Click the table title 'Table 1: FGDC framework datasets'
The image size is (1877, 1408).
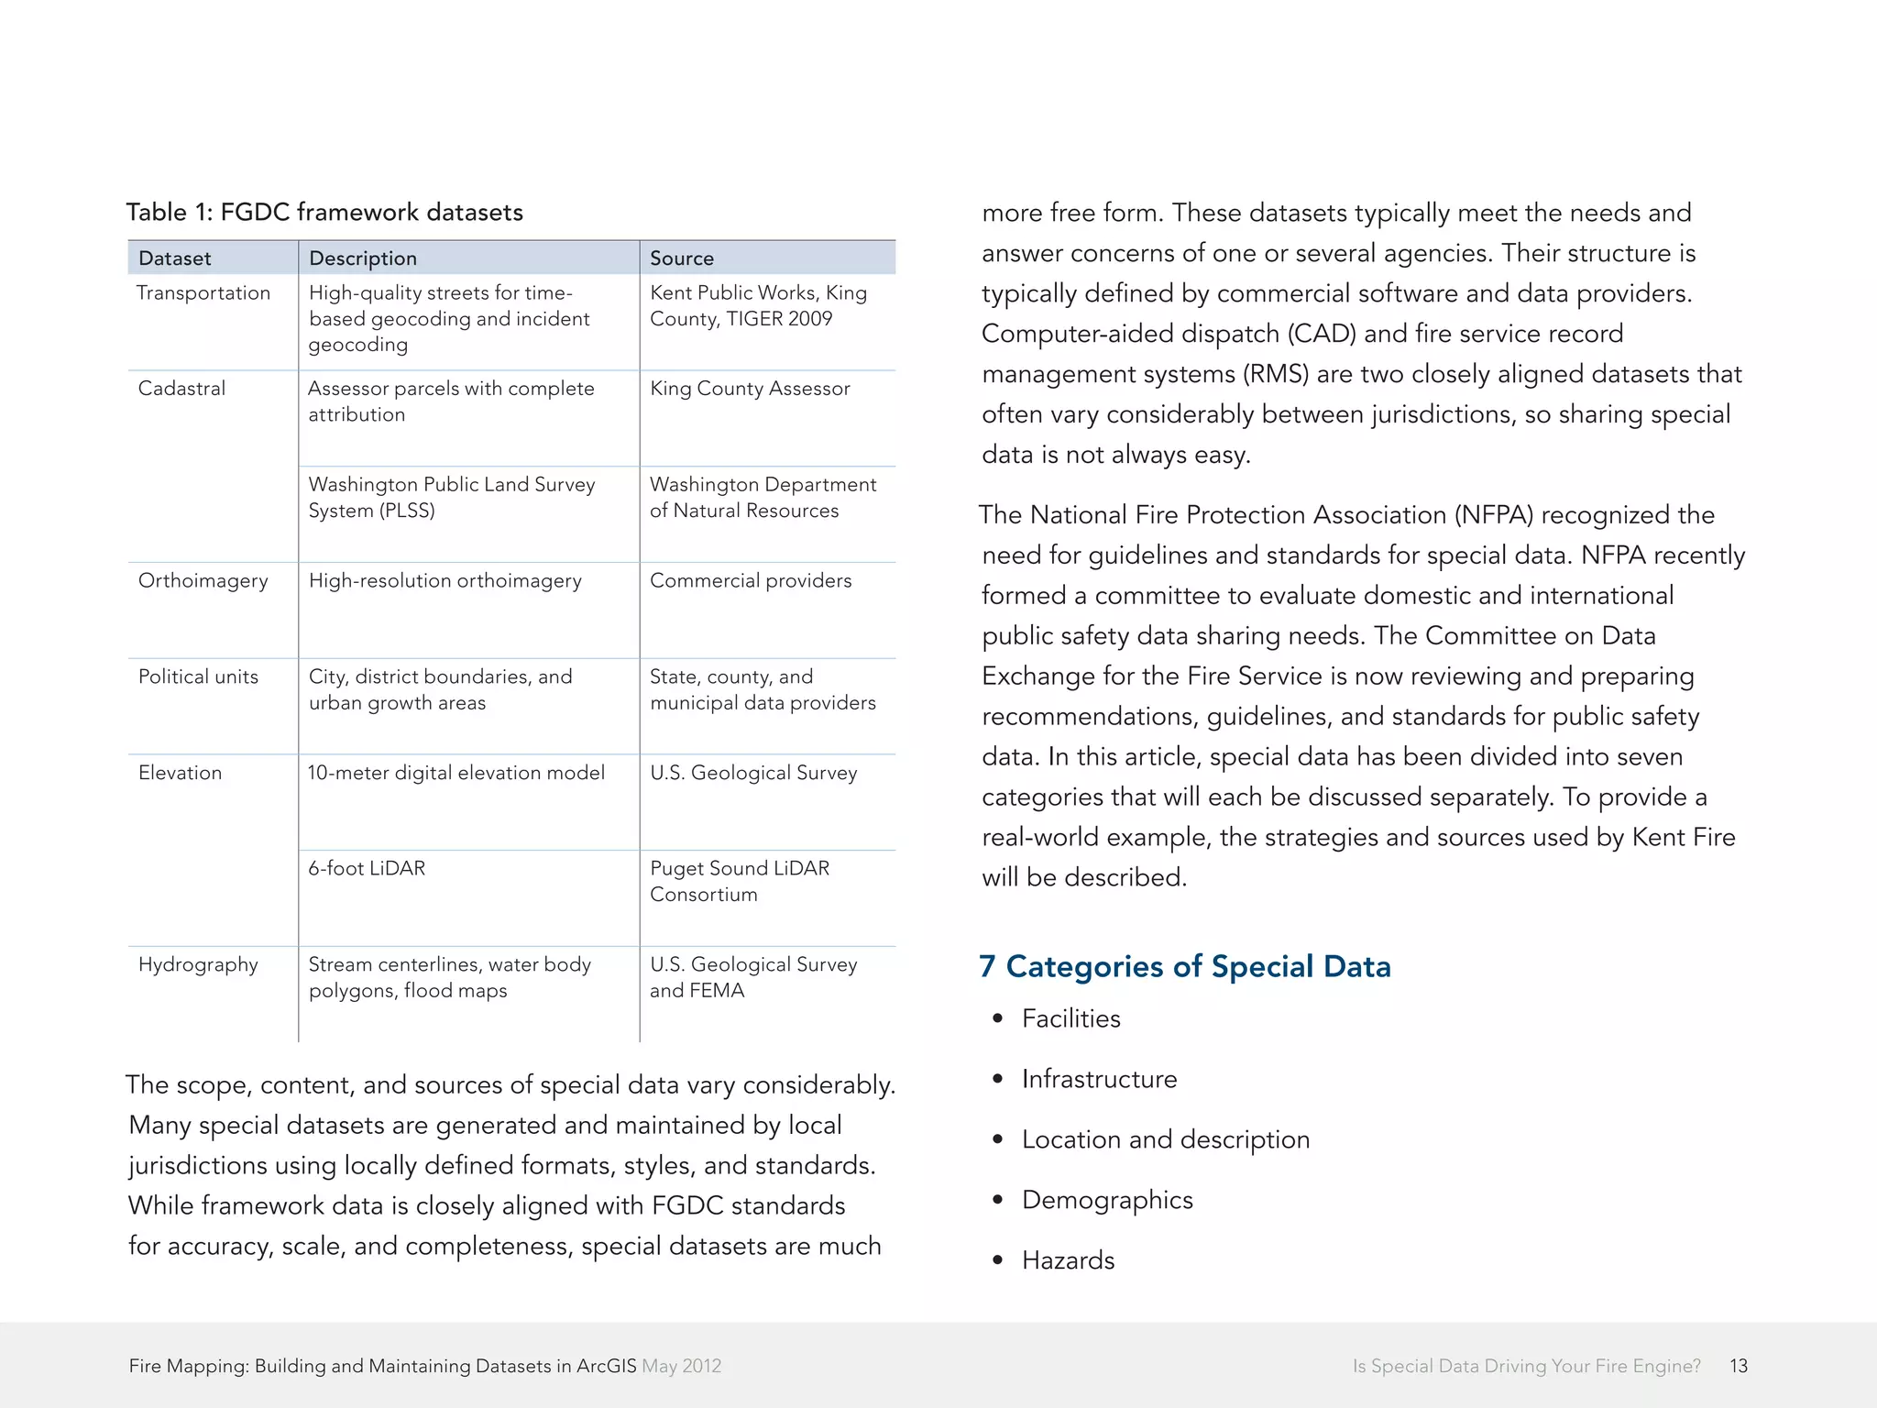[324, 213]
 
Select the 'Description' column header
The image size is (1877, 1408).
[363, 258]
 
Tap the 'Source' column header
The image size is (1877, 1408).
[682, 258]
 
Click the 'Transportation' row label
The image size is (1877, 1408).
[203, 293]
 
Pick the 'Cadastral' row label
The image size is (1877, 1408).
[181, 389]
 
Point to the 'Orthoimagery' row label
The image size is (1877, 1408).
[203, 581]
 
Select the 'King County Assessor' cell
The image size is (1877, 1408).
[750, 389]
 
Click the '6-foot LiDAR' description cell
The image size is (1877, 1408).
[367, 868]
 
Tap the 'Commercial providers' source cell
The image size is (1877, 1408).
[751, 581]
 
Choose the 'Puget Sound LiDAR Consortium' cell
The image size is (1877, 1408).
[739, 881]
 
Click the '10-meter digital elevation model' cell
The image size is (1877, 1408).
[456, 773]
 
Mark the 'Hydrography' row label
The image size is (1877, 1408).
[198, 964]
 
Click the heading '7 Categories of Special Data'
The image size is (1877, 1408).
[1184, 966]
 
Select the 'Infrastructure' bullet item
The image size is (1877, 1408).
[1099, 1079]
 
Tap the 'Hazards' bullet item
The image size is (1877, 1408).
[1068, 1260]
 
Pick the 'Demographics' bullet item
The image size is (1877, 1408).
[1107, 1200]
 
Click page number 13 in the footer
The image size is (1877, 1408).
[1739, 1366]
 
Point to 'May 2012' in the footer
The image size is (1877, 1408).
[682, 1366]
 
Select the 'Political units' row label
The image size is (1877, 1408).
[198, 677]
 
